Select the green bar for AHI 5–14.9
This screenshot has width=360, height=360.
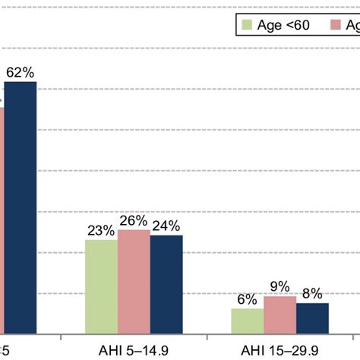coord(101,287)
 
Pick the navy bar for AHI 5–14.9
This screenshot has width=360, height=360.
coord(166,284)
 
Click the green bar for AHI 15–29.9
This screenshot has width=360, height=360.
coord(248,321)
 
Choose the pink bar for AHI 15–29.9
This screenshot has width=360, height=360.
coord(280,314)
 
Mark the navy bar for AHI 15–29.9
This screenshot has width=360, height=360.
coord(312,317)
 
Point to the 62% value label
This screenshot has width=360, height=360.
coord(20,73)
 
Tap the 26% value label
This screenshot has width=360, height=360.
coord(133,221)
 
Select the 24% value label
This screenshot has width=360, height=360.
coord(166,226)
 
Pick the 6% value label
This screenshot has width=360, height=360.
coord(248,299)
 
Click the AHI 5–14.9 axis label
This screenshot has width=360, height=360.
coord(134,350)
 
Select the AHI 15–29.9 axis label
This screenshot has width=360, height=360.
coord(280,350)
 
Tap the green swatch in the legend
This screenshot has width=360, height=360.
coord(247,26)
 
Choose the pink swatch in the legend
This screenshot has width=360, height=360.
coord(335,26)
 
